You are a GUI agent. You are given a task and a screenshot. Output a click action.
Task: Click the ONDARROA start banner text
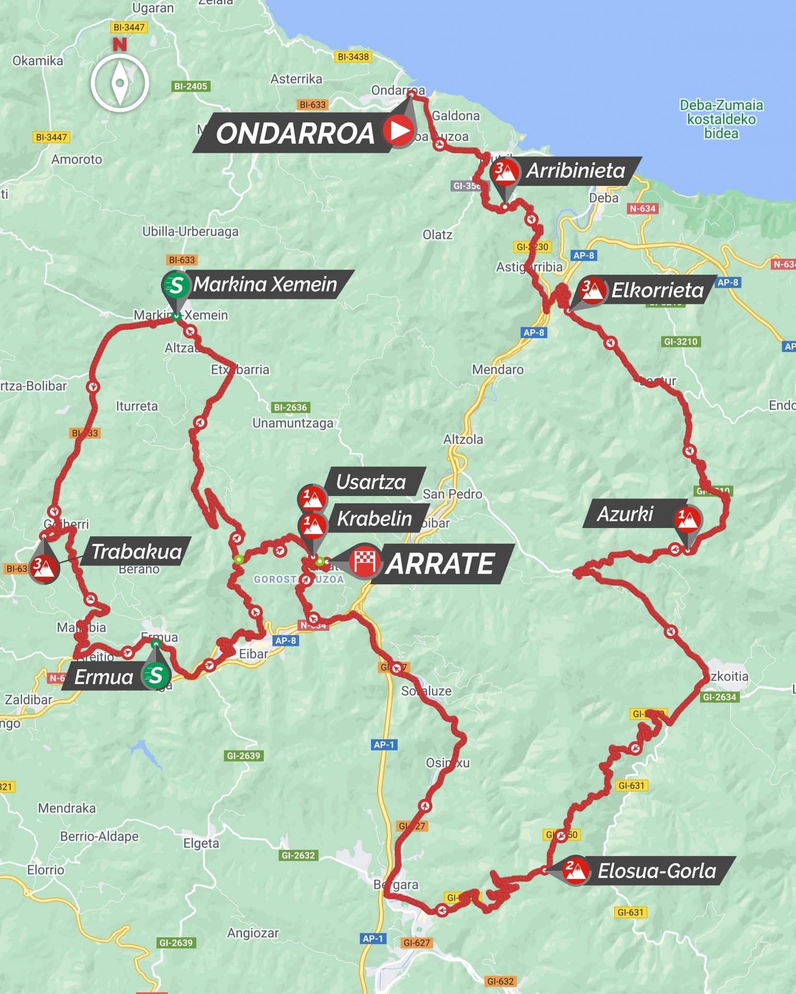pyautogui.click(x=295, y=133)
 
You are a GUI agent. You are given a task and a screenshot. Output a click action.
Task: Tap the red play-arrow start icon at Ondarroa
pyautogui.click(x=398, y=130)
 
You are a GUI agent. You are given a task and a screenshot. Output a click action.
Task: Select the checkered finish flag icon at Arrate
pyautogui.click(x=364, y=562)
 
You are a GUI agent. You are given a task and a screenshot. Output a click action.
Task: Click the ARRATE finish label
pyautogui.click(x=440, y=563)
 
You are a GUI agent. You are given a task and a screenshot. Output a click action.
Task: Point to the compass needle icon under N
pyautogui.click(x=119, y=83)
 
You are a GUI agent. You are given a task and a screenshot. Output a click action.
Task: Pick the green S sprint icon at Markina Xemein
pyautogui.click(x=176, y=285)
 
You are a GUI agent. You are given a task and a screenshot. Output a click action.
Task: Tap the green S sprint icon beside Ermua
pyautogui.click(x=156, y=675)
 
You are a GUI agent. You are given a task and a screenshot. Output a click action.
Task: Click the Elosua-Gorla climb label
pyautogui.click(x=656, y=871)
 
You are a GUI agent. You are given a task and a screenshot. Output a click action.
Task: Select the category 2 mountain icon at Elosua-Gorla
pyautogui.click(x=576, y=870)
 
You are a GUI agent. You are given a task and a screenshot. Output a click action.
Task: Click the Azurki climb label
pyautogui.click(x=625, y=514)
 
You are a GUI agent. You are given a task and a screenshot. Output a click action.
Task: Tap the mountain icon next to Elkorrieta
pyautogui.click(x=593, y=291)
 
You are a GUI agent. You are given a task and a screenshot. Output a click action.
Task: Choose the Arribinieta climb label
pyautogui.click(x=576, y=170)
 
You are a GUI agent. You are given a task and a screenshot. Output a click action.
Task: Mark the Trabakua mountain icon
pyautogui.click(x=44, y=566)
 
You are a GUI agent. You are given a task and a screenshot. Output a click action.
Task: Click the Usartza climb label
pyautogui.click(x=371, y=481)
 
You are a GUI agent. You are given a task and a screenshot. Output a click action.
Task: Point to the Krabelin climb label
pyautogui.click(x=374, y=518)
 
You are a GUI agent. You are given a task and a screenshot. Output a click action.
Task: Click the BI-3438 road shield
pyautogui.click(x=353, y=57)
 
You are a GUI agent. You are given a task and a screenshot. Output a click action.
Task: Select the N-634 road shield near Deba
pyautogui.click(x=642, y=209)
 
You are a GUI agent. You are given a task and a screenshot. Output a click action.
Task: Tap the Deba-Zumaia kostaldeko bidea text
pyautogui.click(x=721, y=119)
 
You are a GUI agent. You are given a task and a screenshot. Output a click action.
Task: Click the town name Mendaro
pyautogui.click(x=498, y=369)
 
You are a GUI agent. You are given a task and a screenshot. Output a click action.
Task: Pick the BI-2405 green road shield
pyautogui.click(x=191, y=86)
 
